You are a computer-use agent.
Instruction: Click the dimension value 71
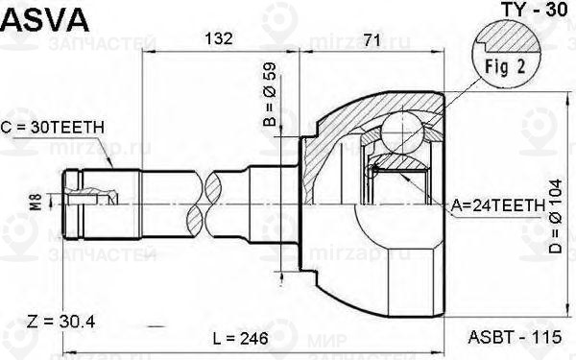point(372,39)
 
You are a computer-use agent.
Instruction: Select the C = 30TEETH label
point(52,126)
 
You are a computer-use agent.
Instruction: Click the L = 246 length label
point(239,339)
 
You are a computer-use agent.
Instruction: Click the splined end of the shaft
point(86,202)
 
